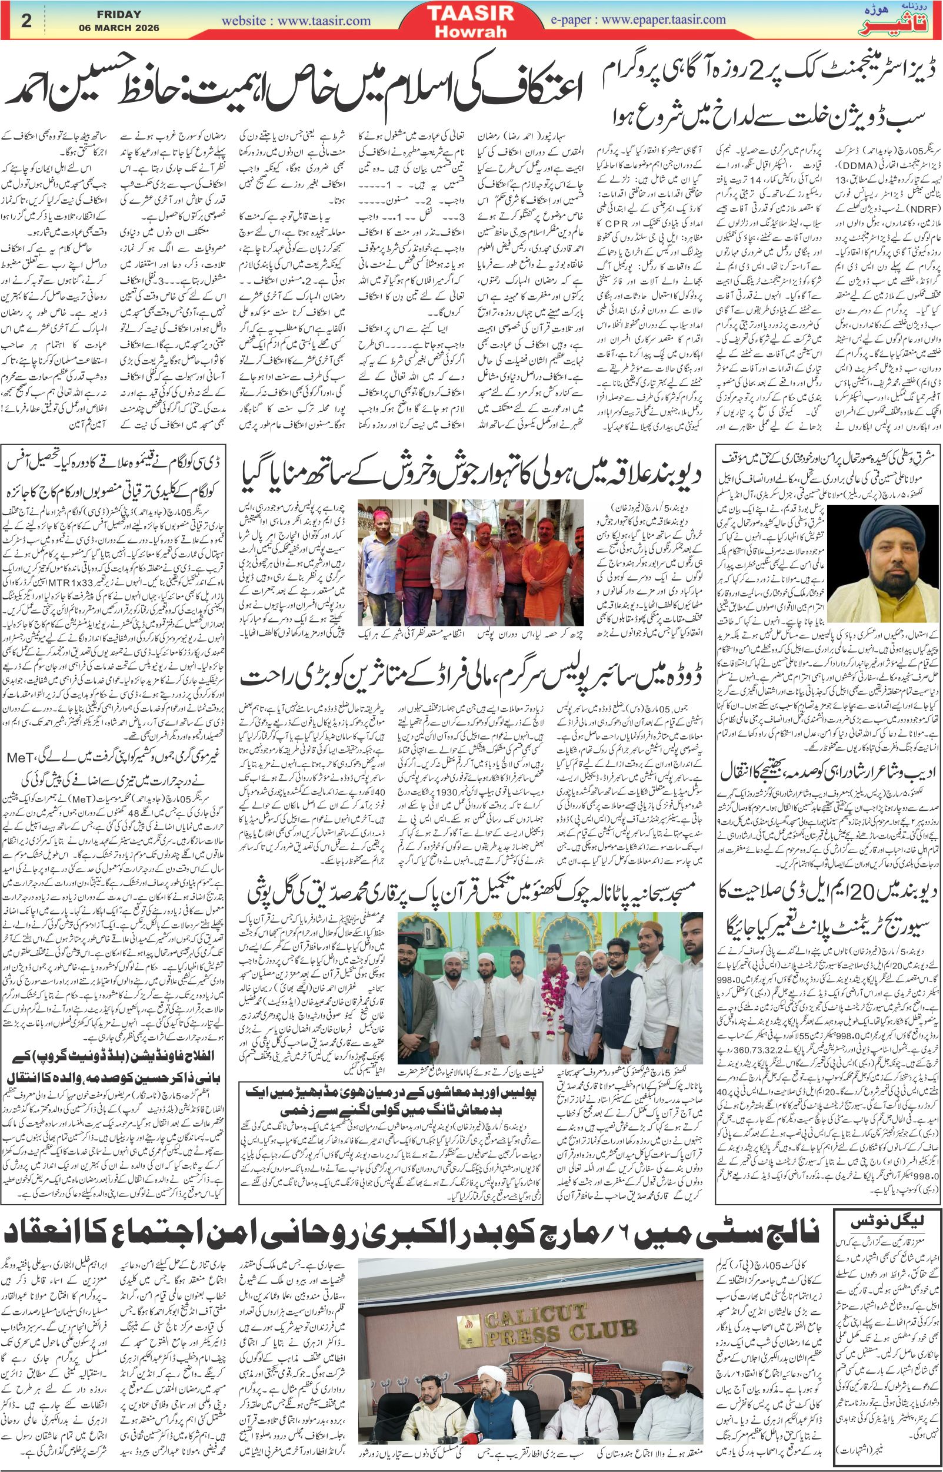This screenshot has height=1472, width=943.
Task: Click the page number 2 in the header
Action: (x=26, y=20)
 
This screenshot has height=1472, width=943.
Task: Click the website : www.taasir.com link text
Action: (x=296, y=21)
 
